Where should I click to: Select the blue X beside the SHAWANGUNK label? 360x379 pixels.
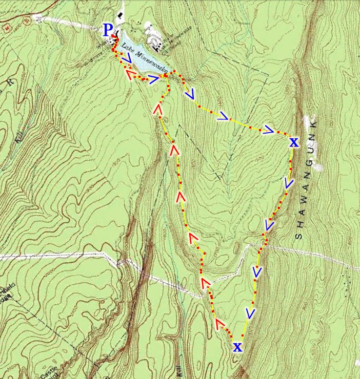tap(293, 142)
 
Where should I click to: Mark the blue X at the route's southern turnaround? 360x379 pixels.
tap(237, 348)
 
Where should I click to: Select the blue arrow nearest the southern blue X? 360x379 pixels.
tap(250, 313)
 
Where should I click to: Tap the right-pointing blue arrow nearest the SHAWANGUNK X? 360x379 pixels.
tap(268, 130)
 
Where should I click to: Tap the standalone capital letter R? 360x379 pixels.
tap(10, 81)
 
